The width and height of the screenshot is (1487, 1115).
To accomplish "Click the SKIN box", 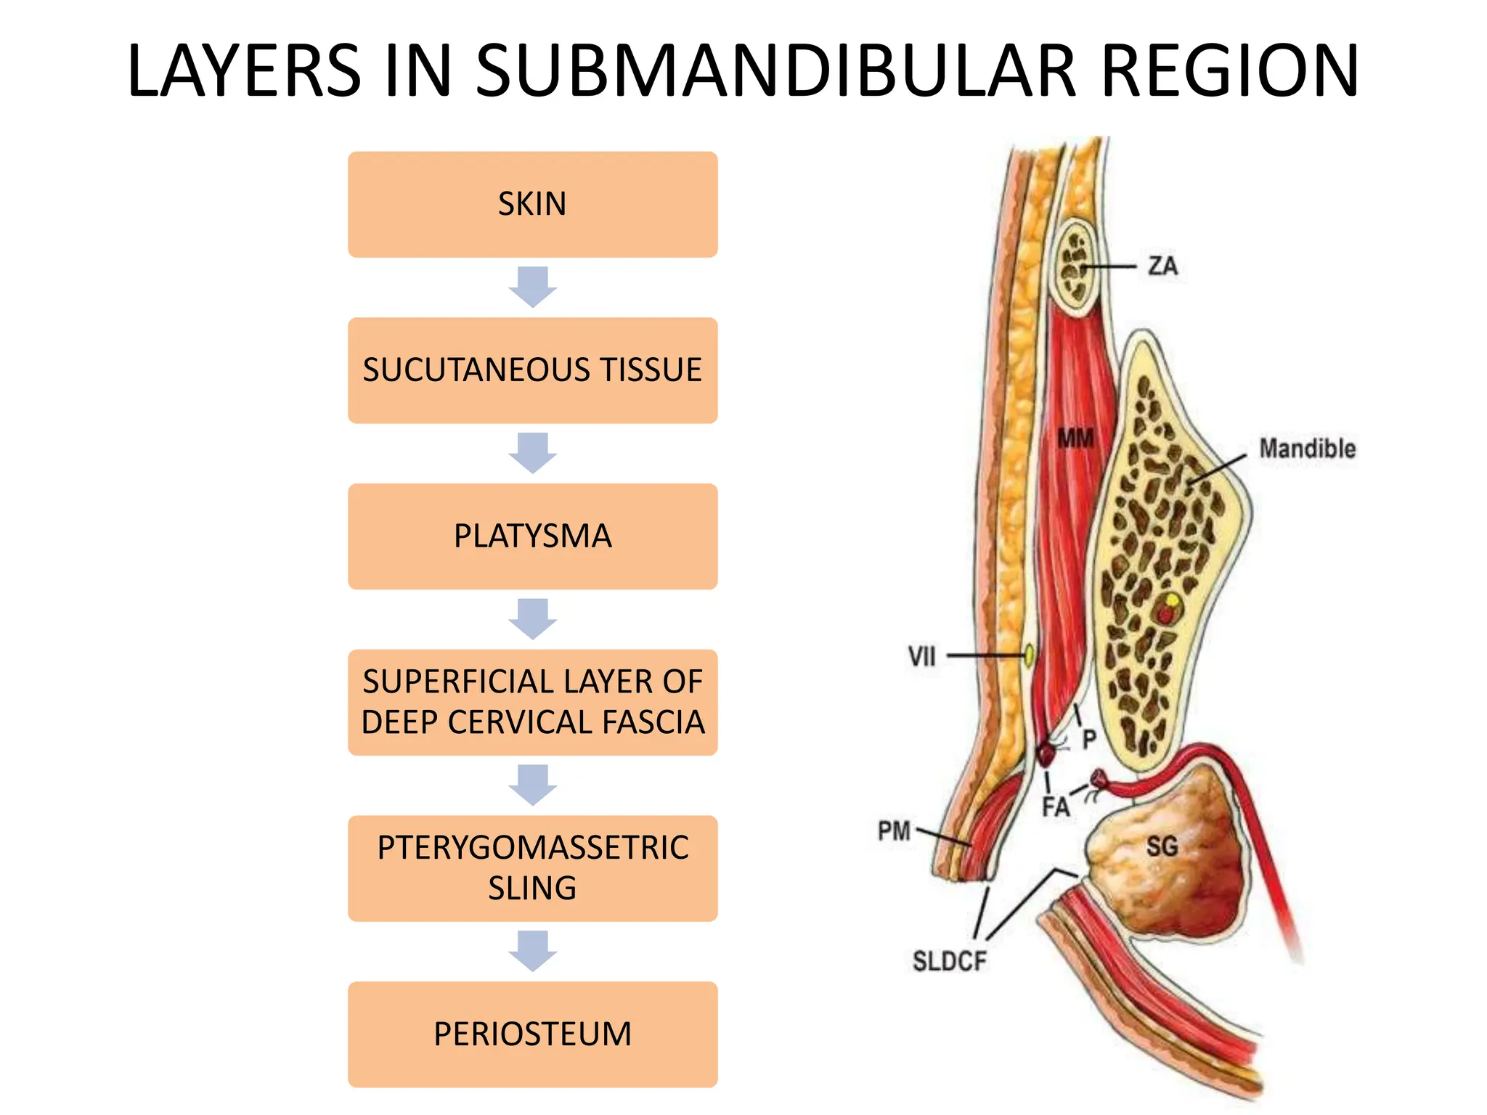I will click(x=532, y=204).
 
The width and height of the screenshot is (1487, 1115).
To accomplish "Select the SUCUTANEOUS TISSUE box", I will click(x=532, y=370).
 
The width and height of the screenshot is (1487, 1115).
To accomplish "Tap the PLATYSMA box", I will click(x=532, y=536).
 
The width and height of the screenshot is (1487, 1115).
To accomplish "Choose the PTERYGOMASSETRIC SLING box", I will click(x=532, y=868).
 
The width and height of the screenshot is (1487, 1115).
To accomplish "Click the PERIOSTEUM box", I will click(x=532, y=1034).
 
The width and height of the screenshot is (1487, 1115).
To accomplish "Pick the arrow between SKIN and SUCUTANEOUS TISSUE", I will click(x=532, y=287).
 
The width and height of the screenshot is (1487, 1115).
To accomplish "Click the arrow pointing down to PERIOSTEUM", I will click(x=532, y=951).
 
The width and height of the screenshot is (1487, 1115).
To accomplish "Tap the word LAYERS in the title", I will click(x=244, y=71).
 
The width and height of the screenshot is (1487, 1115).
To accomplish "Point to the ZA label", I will click(x=1162, y=266).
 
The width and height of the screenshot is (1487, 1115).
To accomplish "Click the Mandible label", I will click(x=1307, y=449).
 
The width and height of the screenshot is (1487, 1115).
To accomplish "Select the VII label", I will click(x=921, y=657).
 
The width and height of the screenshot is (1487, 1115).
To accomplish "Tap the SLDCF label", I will click(x=949, y=961).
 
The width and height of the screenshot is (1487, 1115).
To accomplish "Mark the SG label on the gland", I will click(x=1162, y=846).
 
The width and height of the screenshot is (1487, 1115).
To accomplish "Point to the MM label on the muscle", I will click(x=1075, y=438).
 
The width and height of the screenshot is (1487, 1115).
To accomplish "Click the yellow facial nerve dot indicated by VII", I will click(x=1029, y=655).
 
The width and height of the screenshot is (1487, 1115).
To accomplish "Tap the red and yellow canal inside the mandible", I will click(x=1169, y=608).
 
